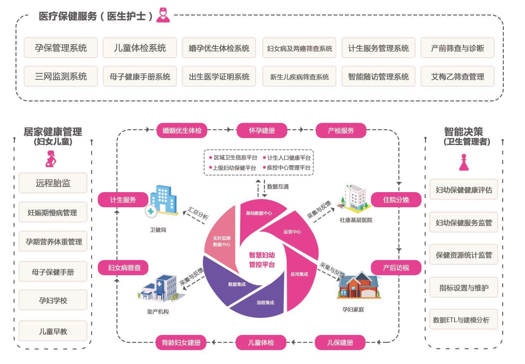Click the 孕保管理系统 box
(61, 48)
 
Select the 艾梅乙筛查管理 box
(457, 76)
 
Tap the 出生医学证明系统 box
(219, 76)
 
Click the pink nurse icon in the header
(163, 15)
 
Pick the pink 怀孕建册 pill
(262, 130)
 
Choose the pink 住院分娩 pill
(396, 200)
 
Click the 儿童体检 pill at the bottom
(261, 343)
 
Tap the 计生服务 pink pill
(123, 200)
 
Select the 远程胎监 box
(53, 183)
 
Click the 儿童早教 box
(53, 331)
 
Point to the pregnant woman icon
(51, 159)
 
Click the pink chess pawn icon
(464, 162)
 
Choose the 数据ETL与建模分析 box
(463, 320)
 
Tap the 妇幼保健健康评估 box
(464, 190)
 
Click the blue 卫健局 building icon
(162, 200)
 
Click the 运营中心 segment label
(292, 232)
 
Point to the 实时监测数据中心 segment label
(222, 241)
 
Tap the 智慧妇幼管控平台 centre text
(262, 260)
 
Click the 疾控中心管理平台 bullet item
(288, 168)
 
